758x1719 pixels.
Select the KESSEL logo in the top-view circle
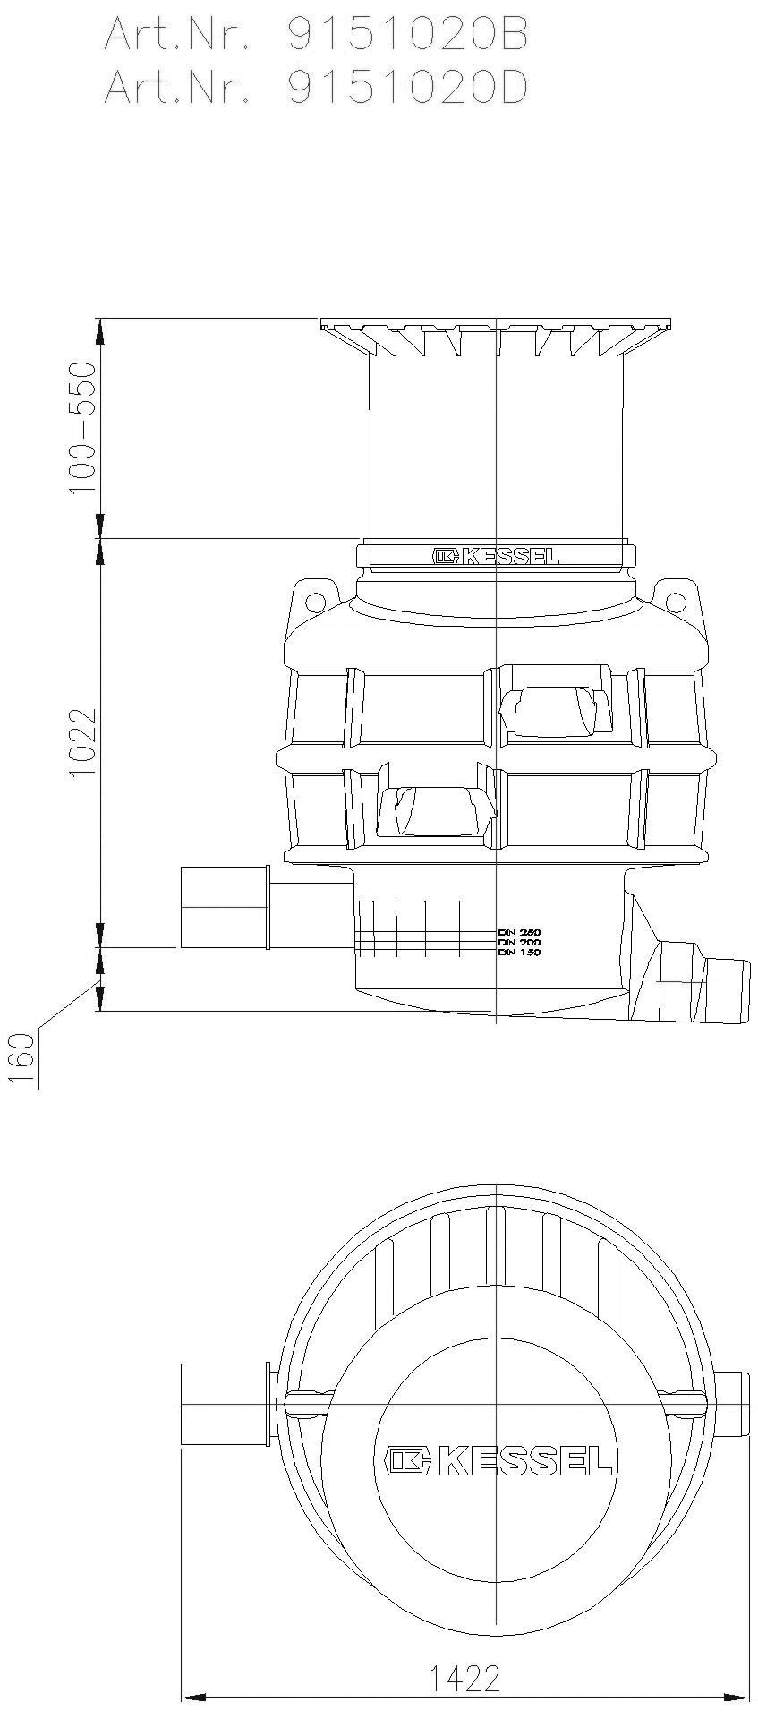click(x=499, y=1460)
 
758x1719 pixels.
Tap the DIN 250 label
click(x=519, y=932)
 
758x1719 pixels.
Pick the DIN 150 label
click(x=519, y=953)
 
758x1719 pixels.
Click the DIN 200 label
click(x=519, y=942)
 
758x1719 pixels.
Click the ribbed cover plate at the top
click(x=496, y=336)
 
